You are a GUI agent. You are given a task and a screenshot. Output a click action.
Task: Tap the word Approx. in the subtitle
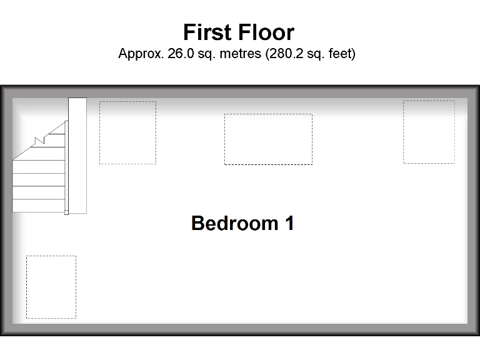tap(141, 54)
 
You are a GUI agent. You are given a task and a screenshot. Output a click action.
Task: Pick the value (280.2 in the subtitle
tap(284, 54)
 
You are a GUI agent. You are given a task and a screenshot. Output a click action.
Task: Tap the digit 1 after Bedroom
tap(289, 223)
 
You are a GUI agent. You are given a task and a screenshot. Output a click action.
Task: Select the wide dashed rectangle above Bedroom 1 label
tap(268, 139)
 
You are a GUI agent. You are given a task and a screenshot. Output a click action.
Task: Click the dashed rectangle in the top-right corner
tap(429, 132)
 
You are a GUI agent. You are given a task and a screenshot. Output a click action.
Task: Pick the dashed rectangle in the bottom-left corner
tap(51, 287)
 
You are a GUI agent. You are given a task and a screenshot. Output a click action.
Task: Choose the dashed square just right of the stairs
tap(127, 132)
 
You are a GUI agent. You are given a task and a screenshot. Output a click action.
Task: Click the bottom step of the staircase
tap(38, 206)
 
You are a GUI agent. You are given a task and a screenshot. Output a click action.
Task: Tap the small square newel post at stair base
tap(66, 212)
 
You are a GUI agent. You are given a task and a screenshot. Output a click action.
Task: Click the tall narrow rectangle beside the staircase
tap(77, 156)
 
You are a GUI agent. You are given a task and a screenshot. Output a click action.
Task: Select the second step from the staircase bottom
tap(38, 192)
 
